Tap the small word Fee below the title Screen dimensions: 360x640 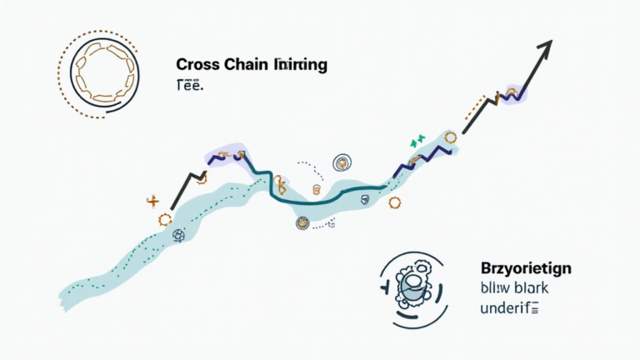189,83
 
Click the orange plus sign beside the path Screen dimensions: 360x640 152,200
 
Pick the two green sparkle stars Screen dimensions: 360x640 416,141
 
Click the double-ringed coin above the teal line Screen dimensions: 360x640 341,162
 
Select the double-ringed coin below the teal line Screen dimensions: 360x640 300,222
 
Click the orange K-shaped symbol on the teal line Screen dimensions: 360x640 282,183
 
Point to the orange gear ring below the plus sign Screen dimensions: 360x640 164,219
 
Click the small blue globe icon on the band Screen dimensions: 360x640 177,237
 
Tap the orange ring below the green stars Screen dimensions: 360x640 451,137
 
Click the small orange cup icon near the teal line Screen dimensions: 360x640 317,190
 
